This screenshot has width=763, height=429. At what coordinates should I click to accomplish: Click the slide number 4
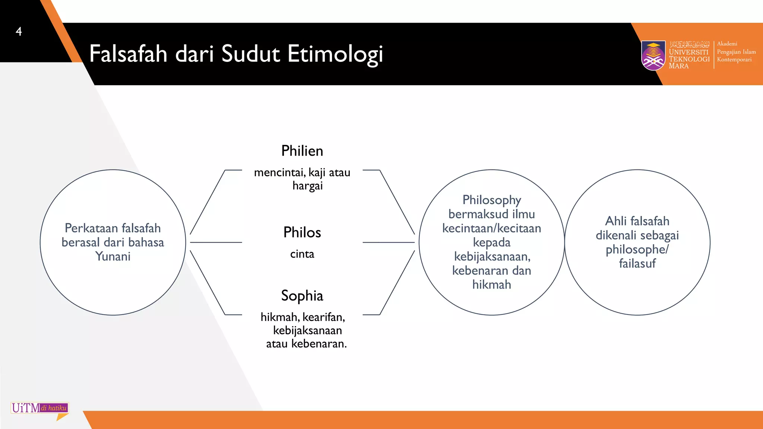click(19, 31)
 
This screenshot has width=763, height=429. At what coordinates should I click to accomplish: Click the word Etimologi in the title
click(335, 54)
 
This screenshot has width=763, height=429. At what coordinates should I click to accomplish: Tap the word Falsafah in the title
click(128, 54)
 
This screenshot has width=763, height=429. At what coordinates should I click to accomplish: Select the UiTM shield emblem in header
click(653, 55)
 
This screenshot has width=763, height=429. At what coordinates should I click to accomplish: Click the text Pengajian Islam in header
click(736, 52)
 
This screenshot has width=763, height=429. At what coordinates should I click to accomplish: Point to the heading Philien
click(302, 151)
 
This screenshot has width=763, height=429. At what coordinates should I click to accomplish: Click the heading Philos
click(302, 232)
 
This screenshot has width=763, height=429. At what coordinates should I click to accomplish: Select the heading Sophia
click(302, 296)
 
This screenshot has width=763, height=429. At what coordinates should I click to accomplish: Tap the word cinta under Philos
click(302, 254)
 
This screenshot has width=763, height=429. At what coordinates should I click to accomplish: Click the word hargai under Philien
click(307, 185)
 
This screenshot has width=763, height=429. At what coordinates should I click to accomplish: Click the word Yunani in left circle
click(113, 257)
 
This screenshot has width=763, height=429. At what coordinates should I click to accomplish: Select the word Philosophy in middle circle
click(491, 200)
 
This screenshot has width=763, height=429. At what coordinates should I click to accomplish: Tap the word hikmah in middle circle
click(491, 285)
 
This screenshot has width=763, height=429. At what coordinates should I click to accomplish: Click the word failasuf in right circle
click(637, 263)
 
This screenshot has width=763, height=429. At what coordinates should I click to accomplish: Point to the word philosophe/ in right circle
click(637, 250)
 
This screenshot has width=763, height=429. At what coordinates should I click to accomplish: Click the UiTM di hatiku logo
click(40, 409)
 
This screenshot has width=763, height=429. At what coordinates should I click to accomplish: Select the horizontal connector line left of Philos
click(216, 242)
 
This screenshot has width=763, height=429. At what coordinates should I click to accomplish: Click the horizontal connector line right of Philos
click(388, 242)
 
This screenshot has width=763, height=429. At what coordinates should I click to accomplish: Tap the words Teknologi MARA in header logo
click(688, 62)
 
